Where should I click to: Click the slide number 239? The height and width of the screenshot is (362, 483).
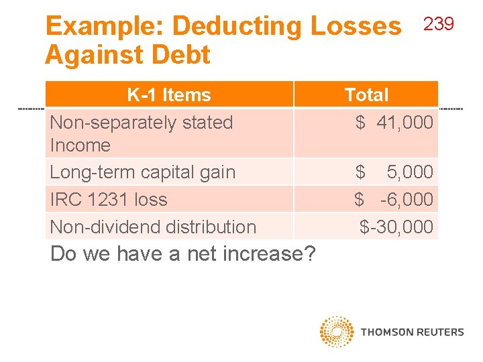[439, 25]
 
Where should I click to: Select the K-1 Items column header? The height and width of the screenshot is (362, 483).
[169, 95]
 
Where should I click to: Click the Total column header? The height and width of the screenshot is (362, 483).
[366, 95]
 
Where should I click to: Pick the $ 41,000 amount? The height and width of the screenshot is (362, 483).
[394, 123]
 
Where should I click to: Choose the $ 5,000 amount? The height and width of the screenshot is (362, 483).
[394, 172]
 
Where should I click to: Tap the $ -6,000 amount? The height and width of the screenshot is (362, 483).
[394, 200]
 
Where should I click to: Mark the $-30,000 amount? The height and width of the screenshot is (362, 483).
[396, 227]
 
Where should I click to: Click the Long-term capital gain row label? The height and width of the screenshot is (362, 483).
[143, 172]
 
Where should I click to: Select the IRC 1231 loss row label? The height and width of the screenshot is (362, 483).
[109, 200]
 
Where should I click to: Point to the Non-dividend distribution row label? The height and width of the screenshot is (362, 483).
[153, 227]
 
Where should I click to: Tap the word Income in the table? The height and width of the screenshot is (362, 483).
[80, 145]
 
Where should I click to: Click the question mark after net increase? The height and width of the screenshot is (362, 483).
[310, 254]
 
